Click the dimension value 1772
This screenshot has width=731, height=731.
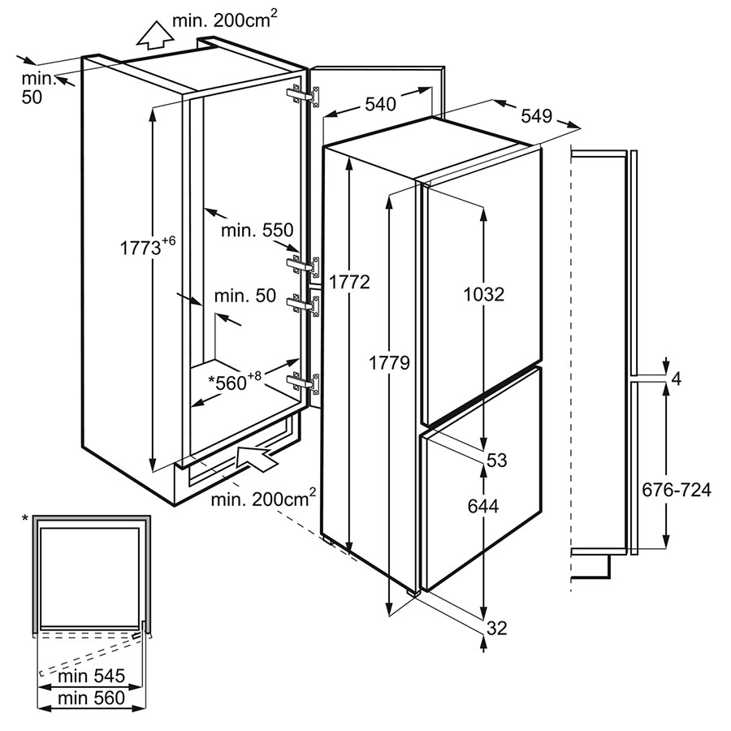(350, 283)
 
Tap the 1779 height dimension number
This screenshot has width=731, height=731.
(388, 362)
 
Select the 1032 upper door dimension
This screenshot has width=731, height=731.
(484, 294)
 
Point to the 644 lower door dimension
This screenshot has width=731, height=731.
(484, 505)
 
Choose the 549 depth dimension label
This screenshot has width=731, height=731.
(537, 116)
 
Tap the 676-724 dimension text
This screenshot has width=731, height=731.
(676, 490)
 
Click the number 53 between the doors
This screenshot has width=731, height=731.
(496, 461)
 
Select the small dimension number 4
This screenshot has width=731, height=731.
(676, 378)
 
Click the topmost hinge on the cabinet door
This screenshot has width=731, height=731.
(302, 95)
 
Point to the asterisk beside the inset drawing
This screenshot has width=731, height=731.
(26, 518)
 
